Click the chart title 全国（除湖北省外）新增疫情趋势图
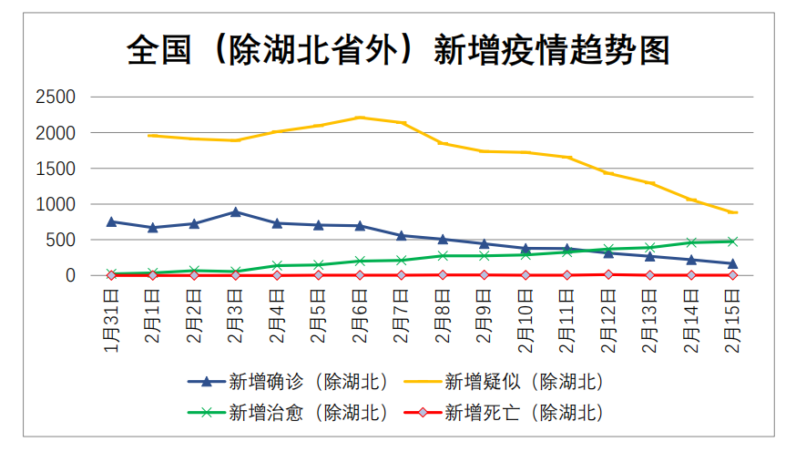pyautogui.click(x=398, y=50)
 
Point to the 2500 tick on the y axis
pyautogui.click(x=56, y=98)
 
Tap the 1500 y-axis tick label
pyautogui.click(x=56, y=169)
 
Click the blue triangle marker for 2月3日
pyautogui.click(x=235, y=212)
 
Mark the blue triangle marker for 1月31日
pyautogui.click(x=111, y=221)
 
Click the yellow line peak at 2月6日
pyautogui.click(x=360, y=118)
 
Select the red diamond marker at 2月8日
pyautogui.click(x=443, y=274)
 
